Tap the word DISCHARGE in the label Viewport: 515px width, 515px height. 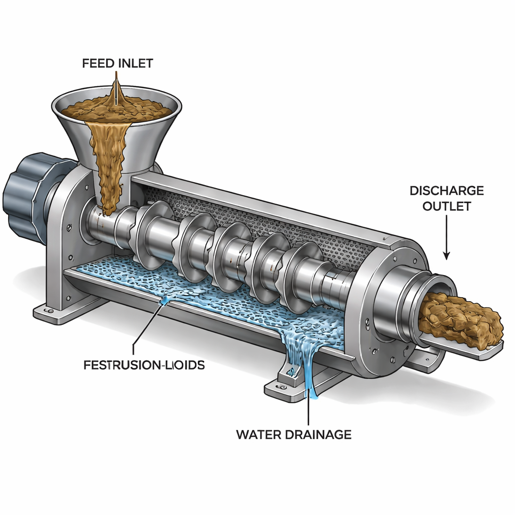447,191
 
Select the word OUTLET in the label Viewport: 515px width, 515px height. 447,206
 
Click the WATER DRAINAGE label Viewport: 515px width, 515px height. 294,434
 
